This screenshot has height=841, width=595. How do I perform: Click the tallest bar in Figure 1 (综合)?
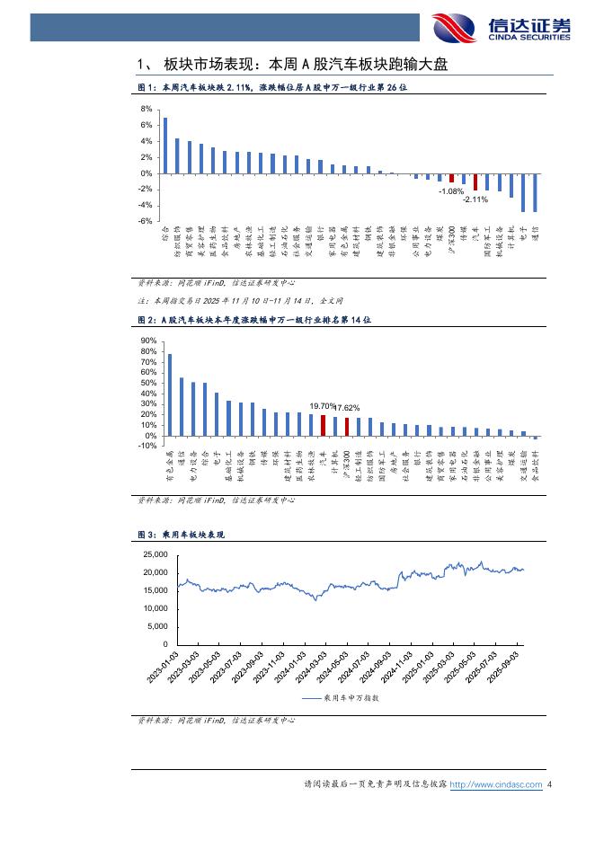coord(164,146)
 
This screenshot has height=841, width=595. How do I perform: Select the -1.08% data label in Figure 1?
coord(450,191)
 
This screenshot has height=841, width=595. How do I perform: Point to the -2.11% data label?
coord(475,199)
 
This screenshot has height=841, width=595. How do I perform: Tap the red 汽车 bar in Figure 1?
coord(475,181)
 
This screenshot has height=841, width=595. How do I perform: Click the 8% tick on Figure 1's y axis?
coord(147,109)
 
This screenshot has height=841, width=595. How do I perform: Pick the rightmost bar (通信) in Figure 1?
coord(536,192)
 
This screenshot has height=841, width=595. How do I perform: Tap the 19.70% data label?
coord(322,406)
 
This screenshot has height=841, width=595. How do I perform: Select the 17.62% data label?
coord(347,407)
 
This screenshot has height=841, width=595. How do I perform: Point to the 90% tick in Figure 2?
coord(149,341)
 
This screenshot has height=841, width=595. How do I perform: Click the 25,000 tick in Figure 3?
coord(155,555)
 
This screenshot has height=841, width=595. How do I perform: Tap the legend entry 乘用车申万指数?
coord(346,697)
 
